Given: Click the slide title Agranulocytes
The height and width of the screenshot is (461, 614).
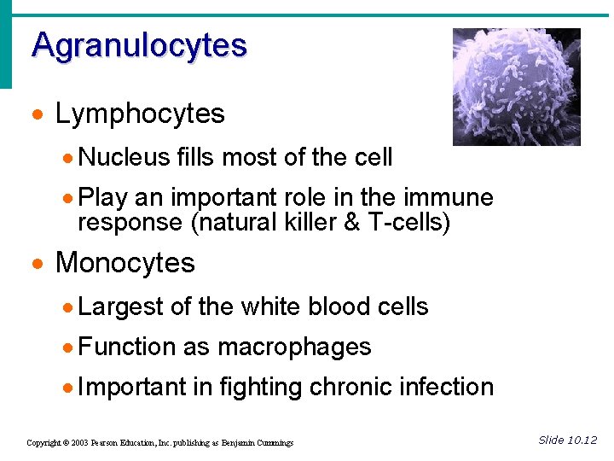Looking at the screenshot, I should pyautogui.click(x=139, y=45).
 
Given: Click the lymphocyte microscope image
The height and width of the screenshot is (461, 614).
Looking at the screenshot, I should pyautogui.click(x=516, y=86).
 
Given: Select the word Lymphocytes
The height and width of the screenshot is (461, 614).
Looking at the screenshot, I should pyautogui.click(x=140, y=114).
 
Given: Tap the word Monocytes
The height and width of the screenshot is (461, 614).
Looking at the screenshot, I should pyautogui.click(x=125, y=263).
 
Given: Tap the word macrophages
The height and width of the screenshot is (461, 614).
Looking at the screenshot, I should pyautogui.click(x=294, y=347).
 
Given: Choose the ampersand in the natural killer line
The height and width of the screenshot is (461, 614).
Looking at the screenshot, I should pyautogui.click(x=366, y=223).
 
